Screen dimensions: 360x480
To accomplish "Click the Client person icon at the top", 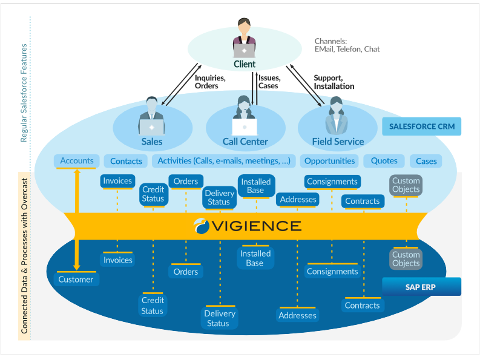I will [x=245, y=39].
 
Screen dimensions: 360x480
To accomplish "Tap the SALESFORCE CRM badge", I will [x=422, y=126].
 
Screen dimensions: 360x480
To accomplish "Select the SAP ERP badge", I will [x=421, y=287].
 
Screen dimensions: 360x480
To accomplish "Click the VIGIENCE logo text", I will [x=248, y=226].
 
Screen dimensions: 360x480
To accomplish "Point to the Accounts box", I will [x=77, y=160].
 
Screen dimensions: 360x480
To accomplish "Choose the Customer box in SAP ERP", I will [x=76, y=280].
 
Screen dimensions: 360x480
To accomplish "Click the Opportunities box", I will [x=330, y=161].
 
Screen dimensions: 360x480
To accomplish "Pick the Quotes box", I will [x=384, y=161].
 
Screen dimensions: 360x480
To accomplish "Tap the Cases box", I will [x=426, y=162].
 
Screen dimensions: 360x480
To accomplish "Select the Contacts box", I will [x=126, y=162].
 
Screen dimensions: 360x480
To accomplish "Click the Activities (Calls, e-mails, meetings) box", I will [x=224, y=161].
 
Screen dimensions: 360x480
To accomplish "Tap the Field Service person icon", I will [x=337, y=116].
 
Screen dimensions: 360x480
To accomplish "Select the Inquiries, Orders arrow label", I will [x=210, y=82].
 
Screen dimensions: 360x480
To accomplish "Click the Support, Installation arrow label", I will [x=334, y=82].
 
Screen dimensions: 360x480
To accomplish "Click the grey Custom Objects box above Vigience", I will [x=406, y=185].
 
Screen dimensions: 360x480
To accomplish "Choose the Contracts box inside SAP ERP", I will [x=362, y=306].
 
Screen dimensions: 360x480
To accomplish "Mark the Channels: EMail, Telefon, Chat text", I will [x=347, y=45].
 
